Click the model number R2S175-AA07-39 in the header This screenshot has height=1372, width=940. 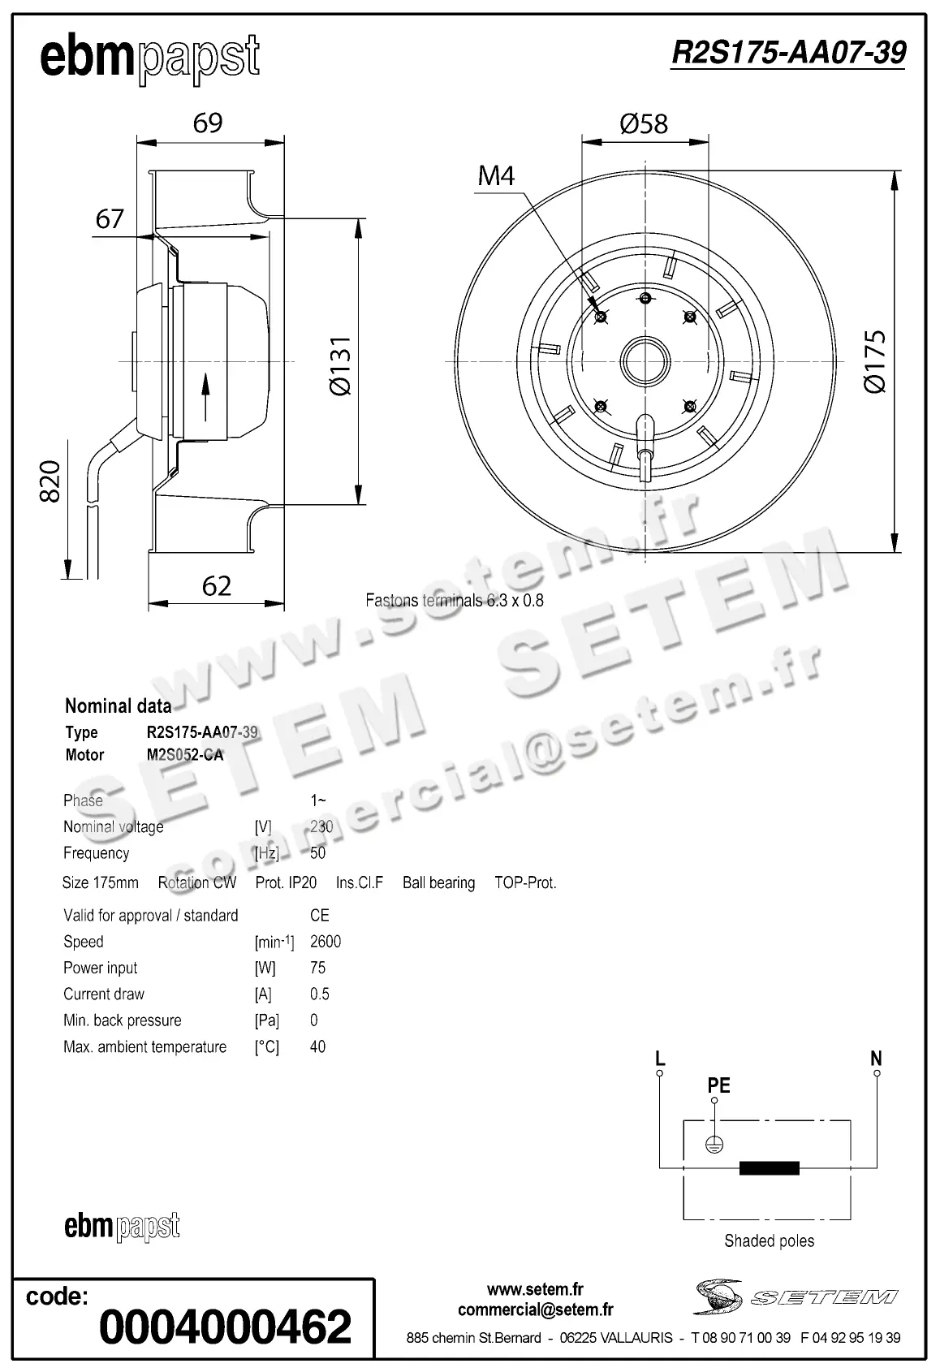pyautogui.click(x=788, y=53)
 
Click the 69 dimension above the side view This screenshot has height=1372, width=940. pyautogui.click(x=208, y=123)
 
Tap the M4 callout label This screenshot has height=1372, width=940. pyautogui.click(x=496, y=175)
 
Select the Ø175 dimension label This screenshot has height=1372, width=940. pyautogui.click(x=875, y=362)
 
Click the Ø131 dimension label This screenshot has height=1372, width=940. pyautogui.click(x=340, y=365)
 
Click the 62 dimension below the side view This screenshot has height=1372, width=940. pyautogui.click(x=216, y=585)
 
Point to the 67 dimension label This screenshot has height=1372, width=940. pyautogui.click(x=110, y=218)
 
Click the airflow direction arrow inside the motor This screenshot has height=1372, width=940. pyautogui.click(x=205, y=396)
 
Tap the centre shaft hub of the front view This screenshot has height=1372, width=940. pyautogui.click(x=645, y=360)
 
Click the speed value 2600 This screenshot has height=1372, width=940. pyautogui.click(x=326, y=942)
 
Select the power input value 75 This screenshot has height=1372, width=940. pyautogui.click(x=317, y=968)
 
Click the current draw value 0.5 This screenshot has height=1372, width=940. pyautogui.click(x=320, y=994)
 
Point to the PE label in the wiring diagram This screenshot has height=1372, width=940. pyautogui.click(x=718, y=1085)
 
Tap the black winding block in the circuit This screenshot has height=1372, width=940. pyautogui.click(x=769, y=1168)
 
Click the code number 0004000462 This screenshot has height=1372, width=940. pyautogui.click(x=225, y=1327)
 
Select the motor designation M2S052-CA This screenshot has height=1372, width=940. pyautogui.click(x=184, y=755)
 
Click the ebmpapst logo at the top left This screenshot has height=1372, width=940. pyautogui.click(x=149, y=58)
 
